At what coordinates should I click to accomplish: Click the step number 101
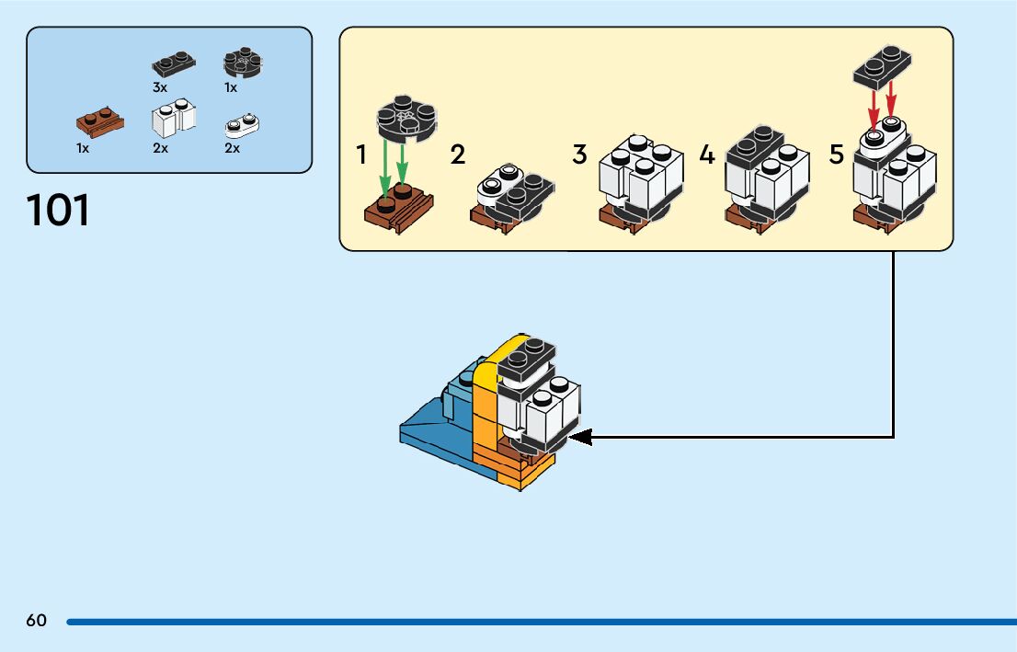58,211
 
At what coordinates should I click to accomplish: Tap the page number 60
37,620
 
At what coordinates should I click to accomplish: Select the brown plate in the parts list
100,123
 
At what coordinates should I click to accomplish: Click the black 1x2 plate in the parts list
174,63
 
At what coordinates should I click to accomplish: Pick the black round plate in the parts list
243,63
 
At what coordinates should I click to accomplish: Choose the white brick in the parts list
174,118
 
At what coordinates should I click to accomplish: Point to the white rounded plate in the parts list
242,125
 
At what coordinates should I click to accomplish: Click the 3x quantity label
160,87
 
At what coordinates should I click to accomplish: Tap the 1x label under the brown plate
83,148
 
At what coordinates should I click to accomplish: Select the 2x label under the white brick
160,148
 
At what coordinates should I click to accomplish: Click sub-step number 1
361,155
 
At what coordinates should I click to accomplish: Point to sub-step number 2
457,155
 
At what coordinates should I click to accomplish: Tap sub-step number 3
579,154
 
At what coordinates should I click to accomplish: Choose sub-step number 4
707,155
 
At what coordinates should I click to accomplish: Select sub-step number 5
837,155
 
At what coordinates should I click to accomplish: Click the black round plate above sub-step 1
406,119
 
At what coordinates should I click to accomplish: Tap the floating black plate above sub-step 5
882,67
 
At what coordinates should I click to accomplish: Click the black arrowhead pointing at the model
580,437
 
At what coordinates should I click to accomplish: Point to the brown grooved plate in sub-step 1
399,208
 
